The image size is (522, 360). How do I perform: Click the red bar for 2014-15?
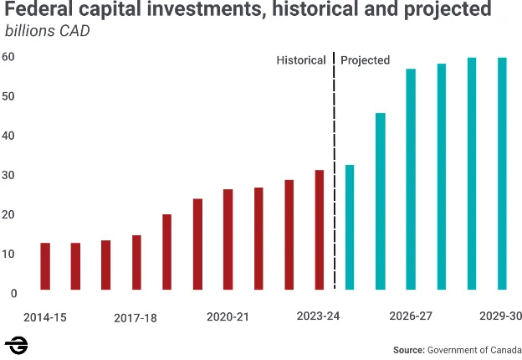click(45, 266)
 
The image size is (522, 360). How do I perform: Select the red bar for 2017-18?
click(136, 263)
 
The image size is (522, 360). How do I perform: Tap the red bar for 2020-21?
click(228, 239)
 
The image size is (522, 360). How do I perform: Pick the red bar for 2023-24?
click(319, 230)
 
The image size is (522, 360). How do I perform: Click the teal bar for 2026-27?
click(411, 179)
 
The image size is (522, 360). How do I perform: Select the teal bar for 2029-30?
click(502, 173)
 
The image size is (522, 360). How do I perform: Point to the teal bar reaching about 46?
click(381, 201)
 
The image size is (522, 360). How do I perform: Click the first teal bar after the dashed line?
click(350, 227)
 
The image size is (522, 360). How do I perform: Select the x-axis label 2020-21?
click(228, 317)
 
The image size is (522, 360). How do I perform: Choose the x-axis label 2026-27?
click(411, 316)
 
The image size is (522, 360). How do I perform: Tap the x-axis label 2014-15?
click(45, 317)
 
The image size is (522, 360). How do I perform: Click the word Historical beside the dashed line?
click(300, 60)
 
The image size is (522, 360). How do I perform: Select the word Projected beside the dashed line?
click(366, 60)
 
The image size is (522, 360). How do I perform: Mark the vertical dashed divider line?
click(334, 167)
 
